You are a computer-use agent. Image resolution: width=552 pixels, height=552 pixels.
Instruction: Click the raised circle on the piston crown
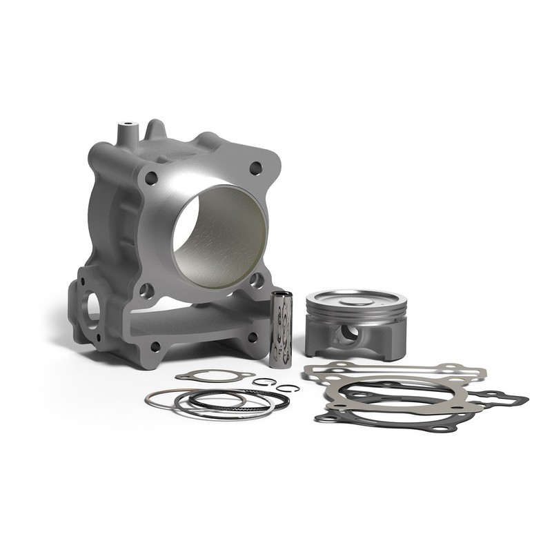356,301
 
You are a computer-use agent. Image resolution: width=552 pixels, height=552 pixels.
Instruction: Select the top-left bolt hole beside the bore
151,178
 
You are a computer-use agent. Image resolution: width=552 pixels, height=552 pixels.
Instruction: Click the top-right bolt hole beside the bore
255,167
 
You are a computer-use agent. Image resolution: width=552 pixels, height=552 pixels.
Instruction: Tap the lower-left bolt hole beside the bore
146,290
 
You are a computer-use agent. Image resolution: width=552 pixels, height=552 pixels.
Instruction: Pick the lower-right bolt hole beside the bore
256,279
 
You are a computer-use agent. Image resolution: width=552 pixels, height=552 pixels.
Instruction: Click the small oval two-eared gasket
214,375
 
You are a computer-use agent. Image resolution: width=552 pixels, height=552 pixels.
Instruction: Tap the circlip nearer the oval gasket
264,382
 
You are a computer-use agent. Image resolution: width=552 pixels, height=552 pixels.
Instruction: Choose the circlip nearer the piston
288,388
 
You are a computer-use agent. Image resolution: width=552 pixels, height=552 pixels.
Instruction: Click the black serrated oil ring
235,400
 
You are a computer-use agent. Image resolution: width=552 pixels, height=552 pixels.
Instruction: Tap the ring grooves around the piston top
355,313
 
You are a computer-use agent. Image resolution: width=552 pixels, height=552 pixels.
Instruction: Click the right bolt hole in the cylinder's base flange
253,337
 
